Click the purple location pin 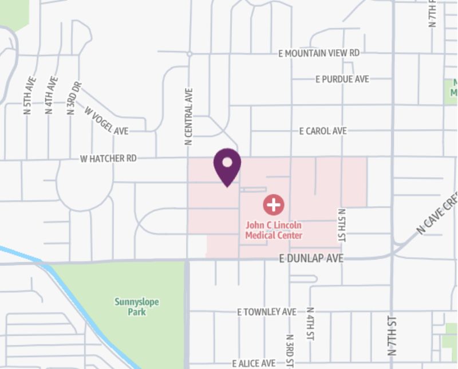click(227, 167)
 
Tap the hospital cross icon click(274, 204)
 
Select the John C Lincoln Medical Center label click(274, 230)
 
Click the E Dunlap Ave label click(311, 259)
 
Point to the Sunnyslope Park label click(137, 307)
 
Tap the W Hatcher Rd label click(108, 158)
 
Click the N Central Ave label click(188, 116)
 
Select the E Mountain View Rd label click(318, 53)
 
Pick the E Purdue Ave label click(342, 79)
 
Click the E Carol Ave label click(323, 131)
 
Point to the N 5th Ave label click(30, 96)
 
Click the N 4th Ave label click(52, 95)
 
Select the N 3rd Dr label click(74, 98)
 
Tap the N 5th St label click(342, 221)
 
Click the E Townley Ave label click(267, 312)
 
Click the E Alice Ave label click(253, 363)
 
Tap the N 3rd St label click(290, 350)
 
